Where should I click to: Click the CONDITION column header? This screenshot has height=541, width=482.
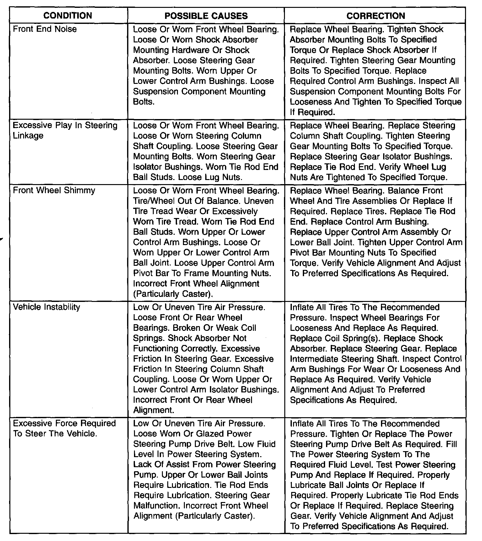click(x=67, y=16)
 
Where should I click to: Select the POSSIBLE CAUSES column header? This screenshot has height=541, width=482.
click(x=206, y=16)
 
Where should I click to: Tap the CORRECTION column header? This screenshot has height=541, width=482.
click(x=376, y=16)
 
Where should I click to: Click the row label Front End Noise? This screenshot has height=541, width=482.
click(x=45, y=29)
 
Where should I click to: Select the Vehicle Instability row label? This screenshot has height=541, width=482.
click(x=46, y=307)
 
